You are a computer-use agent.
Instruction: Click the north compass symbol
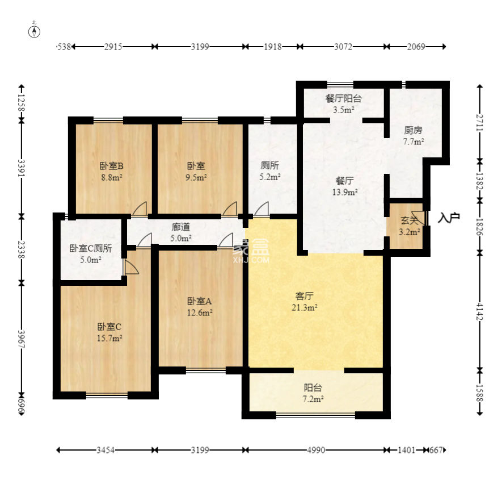[x=34, y=31]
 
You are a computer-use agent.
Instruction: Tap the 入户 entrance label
[x=449, y=218]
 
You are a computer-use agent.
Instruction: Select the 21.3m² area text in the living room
[x=305, y=307]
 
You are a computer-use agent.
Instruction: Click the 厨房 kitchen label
[x=413, y=130]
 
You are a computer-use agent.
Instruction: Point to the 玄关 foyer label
[x=410, y=220]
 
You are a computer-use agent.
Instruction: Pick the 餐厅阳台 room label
[x=344, y=98]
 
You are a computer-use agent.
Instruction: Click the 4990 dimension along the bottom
[x=316, y=451]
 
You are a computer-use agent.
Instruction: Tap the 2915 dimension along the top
[x=113, y=47]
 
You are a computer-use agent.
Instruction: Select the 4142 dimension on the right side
[x=479, y=311]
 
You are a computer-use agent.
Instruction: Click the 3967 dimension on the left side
[x=22, y=339]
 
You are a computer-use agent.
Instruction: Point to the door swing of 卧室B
[x=140, y=209]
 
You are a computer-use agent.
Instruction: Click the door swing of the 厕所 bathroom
[x=261, y=209]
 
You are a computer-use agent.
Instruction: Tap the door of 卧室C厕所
[x=131, y=267]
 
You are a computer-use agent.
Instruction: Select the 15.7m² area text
[x=109, y=338]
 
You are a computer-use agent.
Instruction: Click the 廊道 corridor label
[x=181, y=227]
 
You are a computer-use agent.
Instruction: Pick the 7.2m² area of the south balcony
[x=313, y=399]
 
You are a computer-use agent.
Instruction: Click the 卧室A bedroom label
[x=200, y=301]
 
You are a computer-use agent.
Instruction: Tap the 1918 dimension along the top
[x=273, y=47]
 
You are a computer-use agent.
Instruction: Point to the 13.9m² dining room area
[x=345, y=192]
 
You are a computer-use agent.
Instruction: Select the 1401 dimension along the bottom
[x=406, y=451]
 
